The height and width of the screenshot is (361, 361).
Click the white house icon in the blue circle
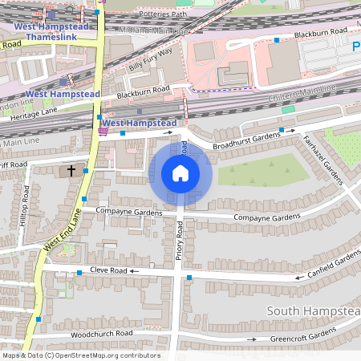[x=180, y=173]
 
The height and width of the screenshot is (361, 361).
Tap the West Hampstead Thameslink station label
[x=51, y=32]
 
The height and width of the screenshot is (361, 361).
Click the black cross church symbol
[x=71, y=171]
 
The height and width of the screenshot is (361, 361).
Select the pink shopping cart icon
[x=102, y=132]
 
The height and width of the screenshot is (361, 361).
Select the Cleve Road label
[x=108, y=271]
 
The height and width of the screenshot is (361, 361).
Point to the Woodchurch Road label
[x=100, y=333]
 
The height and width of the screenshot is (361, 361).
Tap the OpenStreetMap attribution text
[x=80, y=355]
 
